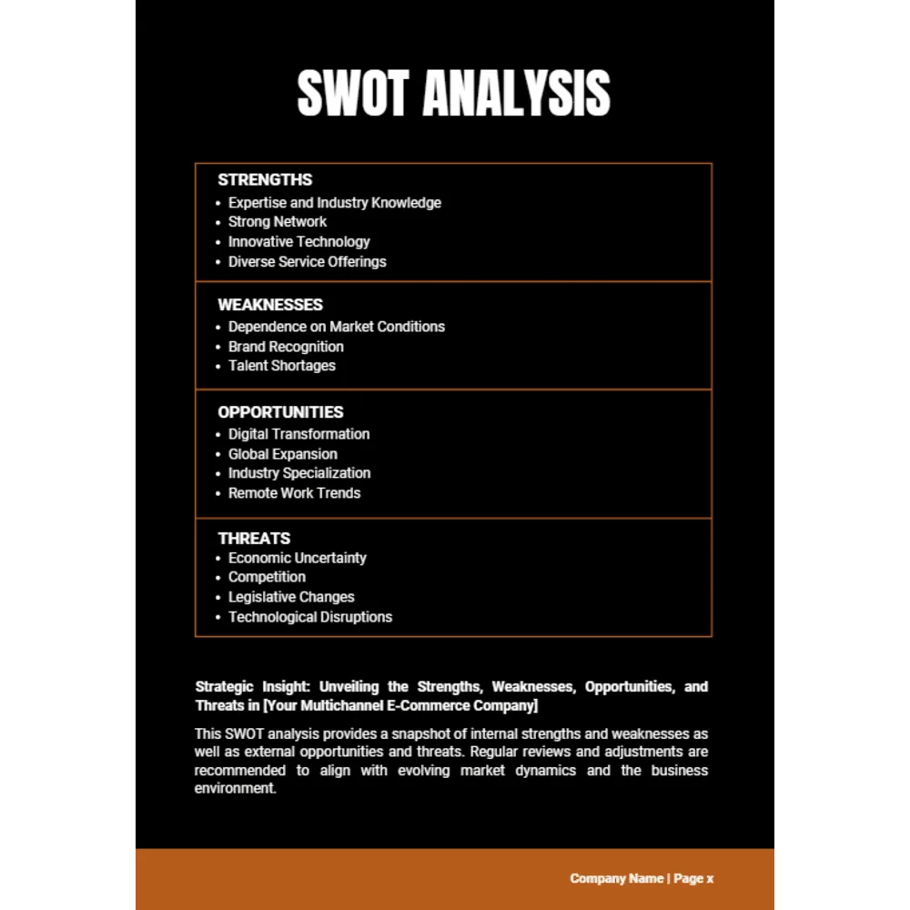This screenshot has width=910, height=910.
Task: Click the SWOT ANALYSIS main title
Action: point(453,93)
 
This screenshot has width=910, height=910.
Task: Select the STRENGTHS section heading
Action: point(265,180)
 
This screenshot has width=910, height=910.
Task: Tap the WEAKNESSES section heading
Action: point(270,305)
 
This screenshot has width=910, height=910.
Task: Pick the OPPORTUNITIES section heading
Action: point(280,412)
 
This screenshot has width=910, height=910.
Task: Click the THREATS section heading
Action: point(254,539)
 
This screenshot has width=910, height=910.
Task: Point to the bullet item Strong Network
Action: point(278,222)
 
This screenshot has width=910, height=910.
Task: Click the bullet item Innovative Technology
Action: point(298,242)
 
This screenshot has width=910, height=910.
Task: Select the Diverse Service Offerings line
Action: point(307,262)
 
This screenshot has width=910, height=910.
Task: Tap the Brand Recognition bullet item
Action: point(286,347)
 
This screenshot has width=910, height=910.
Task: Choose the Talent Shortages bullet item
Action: point(281,366)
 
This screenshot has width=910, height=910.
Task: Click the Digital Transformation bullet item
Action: point(298,434)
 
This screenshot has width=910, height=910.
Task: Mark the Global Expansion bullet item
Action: point(282,454)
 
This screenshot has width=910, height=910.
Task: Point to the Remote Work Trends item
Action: point(294,493)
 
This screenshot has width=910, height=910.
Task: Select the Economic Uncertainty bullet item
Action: point(297,558)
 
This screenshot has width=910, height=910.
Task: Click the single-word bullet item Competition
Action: point(267,577)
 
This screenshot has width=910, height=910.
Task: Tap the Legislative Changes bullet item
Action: point(291,597)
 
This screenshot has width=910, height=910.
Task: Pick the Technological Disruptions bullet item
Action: point(309,617)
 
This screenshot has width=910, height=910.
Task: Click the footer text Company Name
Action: point(616,879)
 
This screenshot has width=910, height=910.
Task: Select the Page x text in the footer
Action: point(693,879)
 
